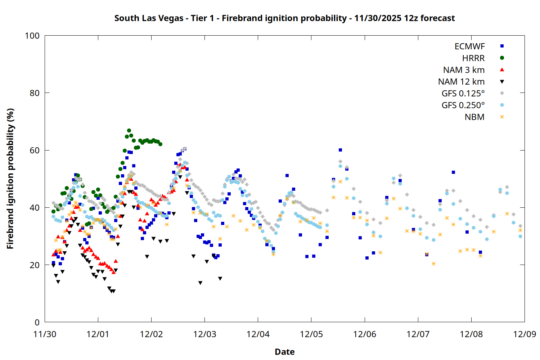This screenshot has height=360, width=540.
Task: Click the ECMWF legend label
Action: tap(469, 46)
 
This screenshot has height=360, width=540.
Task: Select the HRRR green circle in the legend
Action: tap(502, 58)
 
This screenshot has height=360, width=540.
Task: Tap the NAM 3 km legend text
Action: tap(464, 70)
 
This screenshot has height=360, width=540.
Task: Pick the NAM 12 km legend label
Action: tap(461, 82)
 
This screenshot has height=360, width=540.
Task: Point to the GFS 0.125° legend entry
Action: tap(463, 94)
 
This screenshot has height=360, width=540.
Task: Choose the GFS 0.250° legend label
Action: tap(463, 105)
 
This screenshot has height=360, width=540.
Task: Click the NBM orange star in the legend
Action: tap(502, 117)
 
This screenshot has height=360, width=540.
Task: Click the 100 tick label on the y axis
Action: tap(32, 36)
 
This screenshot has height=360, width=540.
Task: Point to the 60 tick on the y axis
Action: tap(35, 150)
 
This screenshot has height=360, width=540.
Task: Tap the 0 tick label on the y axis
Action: tap(37, 322)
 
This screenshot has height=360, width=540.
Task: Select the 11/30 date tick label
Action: tap(45, 334)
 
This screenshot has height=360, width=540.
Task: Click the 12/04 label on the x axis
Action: tap(258, 334)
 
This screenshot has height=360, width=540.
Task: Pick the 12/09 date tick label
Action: tap(525, 334)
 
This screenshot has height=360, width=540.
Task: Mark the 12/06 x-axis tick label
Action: tap(365, 334)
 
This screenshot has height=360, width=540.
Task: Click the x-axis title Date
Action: tap(284, 352)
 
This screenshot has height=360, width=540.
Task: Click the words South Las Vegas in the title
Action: tap(149, 18)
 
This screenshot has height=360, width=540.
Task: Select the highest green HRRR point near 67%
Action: tap(129, 131)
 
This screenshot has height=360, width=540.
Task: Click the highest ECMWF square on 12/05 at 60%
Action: tap(340, 150)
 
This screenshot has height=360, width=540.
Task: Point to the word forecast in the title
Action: tap(437, 18)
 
